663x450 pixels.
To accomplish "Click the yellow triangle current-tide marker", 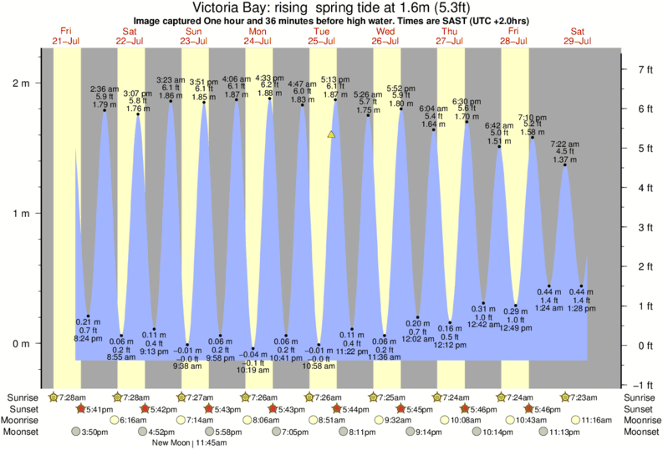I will [x=332, y=134].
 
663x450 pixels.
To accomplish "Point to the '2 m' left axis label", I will [x=21, y=83].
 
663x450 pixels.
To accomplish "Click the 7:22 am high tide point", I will [x=565, y=165].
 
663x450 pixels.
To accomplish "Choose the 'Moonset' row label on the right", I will [x=640, y=432].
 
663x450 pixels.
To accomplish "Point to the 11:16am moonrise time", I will [x=597, y=421].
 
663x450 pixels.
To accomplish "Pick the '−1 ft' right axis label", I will [x=642, y=385].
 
